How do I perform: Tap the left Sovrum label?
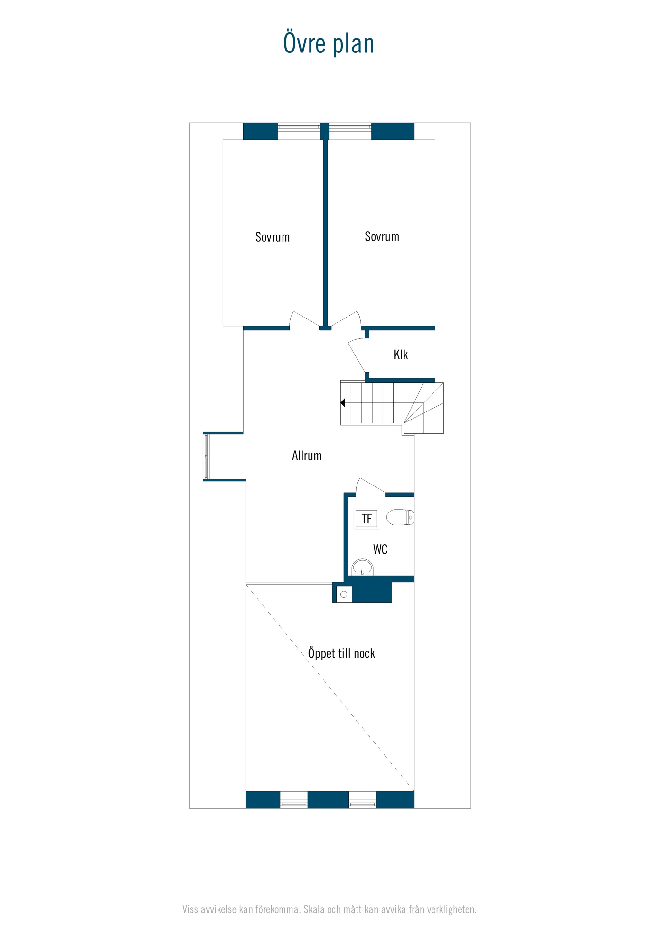(x=273, y=237)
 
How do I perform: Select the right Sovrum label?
(x=382, y=237)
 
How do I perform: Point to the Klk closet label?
(x=400, y=355)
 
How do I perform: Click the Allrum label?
(x=307, y=456)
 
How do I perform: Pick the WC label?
(x=380, y=549)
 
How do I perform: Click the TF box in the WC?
(x=366, y=518)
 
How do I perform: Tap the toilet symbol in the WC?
(x=400, y=517)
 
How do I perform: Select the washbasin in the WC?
(x=362, y=567)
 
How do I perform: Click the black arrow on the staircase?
(x=343, y=403)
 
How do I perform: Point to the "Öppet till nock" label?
(x=341, y=653)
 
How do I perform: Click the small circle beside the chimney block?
(x=344, y=594)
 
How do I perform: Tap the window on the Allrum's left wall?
(x=206, y=457)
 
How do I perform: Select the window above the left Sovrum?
(x=299, y=127)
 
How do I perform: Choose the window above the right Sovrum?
(x=350, y=127)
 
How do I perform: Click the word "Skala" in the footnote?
(x=314, y=909)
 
